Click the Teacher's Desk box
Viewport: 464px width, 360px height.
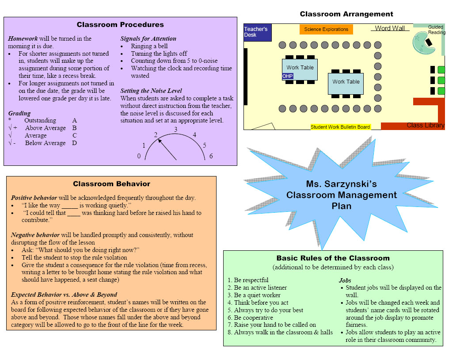(258, 32)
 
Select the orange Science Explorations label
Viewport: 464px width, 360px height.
(326, 29)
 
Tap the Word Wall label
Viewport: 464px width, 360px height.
(390, 28)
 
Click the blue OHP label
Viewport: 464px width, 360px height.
(287, 76)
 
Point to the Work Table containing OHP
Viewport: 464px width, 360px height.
(300, 69)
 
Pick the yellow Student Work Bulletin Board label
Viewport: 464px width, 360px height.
(340, 127)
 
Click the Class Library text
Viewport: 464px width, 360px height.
(426, 125)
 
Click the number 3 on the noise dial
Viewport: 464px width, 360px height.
(176, 130)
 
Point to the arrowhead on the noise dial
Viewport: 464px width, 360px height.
(160, 141)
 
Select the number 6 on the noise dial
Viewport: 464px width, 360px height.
(211, 156)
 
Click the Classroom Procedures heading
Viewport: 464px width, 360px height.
(120, 25)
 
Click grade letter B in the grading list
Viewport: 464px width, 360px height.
(74, 128)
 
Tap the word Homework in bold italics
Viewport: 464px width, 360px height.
(23, 38)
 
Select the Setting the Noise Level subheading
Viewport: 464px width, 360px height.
(151, 91)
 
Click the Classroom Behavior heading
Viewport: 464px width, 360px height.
(111, 184)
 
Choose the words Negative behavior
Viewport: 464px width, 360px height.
(35, 235)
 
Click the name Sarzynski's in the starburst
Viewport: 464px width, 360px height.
(351, 184)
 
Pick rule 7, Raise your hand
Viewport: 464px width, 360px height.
(272, 325)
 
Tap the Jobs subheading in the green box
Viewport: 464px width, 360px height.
(345, 280)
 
